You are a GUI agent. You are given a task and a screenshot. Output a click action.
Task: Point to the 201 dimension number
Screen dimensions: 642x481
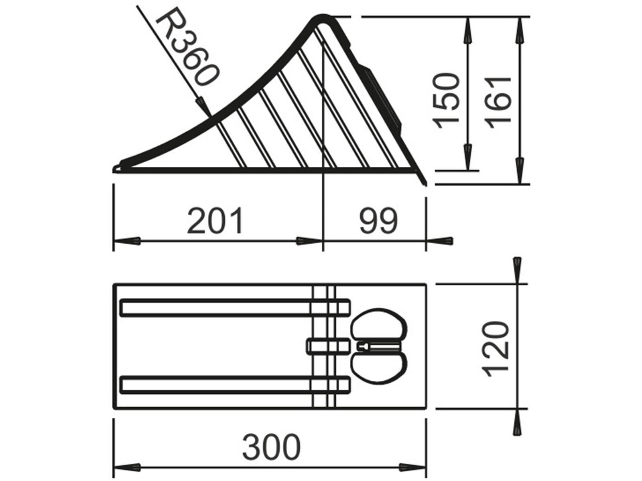[x=215, y=220]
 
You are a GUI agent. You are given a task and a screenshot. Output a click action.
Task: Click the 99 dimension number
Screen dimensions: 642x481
[x=378, y=220]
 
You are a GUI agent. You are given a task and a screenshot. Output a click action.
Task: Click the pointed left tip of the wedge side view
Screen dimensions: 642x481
[x=115, y=170]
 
